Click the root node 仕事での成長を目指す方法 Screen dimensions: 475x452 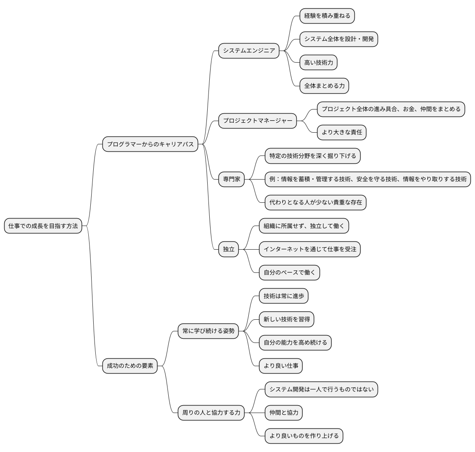pyautogui.click(x=43, y=226)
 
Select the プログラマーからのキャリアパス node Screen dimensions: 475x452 pyautogui.click(x=150, y=144)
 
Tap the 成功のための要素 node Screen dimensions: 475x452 pyautogui.click(x=130, y=366)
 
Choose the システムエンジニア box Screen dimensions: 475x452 pyautogui.click(x=249, y=51)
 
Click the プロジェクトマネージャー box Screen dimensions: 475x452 pyautogui.click(x=257, y=121)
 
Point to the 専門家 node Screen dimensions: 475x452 pyautogui.click(x=231, y=179)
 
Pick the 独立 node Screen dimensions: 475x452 pyautogui.click(x=229, y=249)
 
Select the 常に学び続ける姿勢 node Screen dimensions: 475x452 pyautogui.click(x=208, y=331)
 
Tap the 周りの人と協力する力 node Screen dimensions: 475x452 pyautogui.click(x=211, y=413)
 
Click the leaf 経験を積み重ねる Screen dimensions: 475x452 pyautogui.click(x=327, y=16)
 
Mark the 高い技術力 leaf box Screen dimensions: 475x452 pyautogui.click(x=318, y=63)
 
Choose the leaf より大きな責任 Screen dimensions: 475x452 pyautogui.click(x=342, y=132)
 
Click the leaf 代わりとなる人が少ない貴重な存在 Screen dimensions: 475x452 pyautogui.click(x=316, y=202)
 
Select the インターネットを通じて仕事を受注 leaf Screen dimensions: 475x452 pyautogui.click(x=310, y=249)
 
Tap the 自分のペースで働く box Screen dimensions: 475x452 pyautogui.click(x=290, y=272)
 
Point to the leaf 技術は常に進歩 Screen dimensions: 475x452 pyautogui.click(x=284, y=296)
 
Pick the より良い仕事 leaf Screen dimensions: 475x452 pyautogui.click(x=281, y=366)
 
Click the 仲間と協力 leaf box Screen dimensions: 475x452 pyautogui.click(x=284, y=413)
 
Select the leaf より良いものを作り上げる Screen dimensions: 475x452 pyautogui.click(x=304, y=436)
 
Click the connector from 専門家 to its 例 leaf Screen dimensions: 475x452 pyautogui.click(x=255, y=179)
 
